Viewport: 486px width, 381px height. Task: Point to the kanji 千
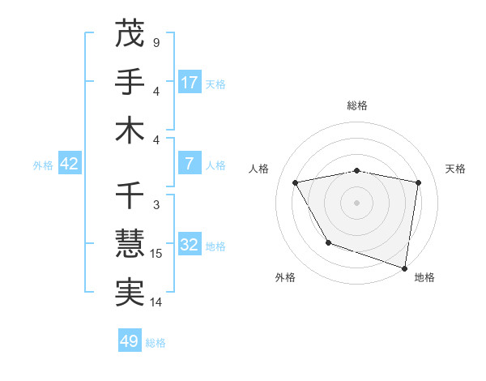click(130, 195)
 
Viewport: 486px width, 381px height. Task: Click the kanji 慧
click(130, 244)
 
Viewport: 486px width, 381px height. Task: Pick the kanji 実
click(130, 293)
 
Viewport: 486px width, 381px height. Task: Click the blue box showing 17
click(190, 82)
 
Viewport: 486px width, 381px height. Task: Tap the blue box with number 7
click(190, 164)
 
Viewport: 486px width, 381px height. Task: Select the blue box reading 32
click(190, 245)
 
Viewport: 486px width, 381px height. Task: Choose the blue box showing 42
click(69, 164)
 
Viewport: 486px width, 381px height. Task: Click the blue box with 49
click(130, 341)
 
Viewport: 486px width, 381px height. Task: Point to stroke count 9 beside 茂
click(156, 41)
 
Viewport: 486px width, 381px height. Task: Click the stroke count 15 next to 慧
click(156, 254)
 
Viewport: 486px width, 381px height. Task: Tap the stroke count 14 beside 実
click(156, 302)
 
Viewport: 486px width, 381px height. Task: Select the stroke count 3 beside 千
click(156, 205)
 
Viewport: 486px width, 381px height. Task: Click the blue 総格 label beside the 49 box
click(156, 343)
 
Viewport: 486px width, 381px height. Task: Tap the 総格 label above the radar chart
click(356, 105)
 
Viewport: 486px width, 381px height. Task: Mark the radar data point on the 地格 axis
click(404, 268)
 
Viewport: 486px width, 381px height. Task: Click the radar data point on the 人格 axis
click(296, 182)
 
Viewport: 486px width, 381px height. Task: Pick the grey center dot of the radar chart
click(356, 202)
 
